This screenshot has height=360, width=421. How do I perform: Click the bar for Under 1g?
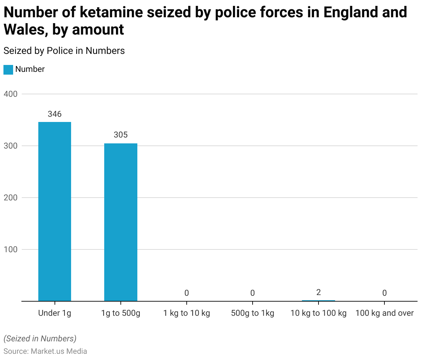coord(55,211)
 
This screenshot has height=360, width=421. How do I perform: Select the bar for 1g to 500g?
coord(121,222)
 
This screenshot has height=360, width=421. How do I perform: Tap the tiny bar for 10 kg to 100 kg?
coord(318,301)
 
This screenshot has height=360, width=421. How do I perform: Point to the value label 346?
coord(55,114)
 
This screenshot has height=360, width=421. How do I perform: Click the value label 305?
coord(121,135)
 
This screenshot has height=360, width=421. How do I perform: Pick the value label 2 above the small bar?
coord(319,292)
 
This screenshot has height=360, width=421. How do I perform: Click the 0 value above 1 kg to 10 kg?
coord(187,293)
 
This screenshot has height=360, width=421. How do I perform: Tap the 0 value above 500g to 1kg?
coord(253,293)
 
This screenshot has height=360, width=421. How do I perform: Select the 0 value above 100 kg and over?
coord(384,293)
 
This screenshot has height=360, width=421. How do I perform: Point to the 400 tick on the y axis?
coord(10,94)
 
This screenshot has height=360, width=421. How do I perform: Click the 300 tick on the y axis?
coord(10,146)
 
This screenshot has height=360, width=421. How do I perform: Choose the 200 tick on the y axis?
coord(10,198)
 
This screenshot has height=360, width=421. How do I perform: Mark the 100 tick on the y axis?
coord(10,249)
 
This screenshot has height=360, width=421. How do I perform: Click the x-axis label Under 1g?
coord(55,313)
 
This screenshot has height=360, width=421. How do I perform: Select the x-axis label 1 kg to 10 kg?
coord(187,313)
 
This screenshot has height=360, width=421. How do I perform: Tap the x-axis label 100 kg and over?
coord(384,313)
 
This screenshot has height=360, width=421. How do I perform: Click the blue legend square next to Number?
coord(8,69)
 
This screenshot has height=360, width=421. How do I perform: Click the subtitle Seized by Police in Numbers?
coord(64,51)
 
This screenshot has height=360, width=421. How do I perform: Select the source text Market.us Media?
coord(59,351)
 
